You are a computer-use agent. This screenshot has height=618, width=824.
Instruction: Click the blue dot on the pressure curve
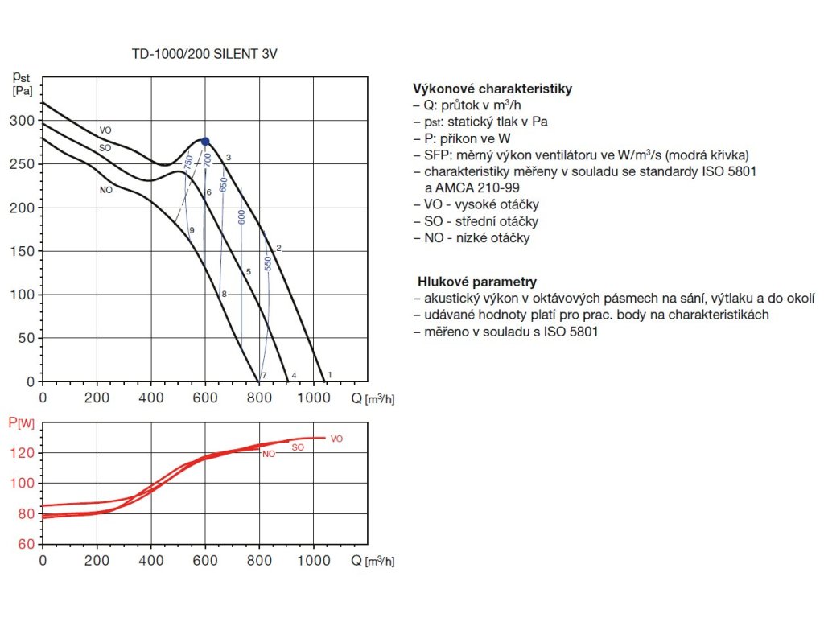coord(205,142)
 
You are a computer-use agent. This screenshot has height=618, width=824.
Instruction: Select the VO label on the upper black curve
coord(105,130)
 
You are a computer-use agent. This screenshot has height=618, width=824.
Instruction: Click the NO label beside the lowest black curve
coord(105,191)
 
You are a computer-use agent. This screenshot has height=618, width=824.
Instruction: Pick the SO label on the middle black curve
coord(105,149)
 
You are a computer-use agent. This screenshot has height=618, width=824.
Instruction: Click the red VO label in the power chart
coord(336,439)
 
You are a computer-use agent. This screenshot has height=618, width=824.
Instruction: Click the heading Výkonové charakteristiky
coord(492,89)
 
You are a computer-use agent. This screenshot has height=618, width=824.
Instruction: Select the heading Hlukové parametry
coord(476,282)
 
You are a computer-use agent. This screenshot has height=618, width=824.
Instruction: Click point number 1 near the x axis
coord(330,375)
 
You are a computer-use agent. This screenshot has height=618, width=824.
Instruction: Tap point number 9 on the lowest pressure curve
coord(192,231)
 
